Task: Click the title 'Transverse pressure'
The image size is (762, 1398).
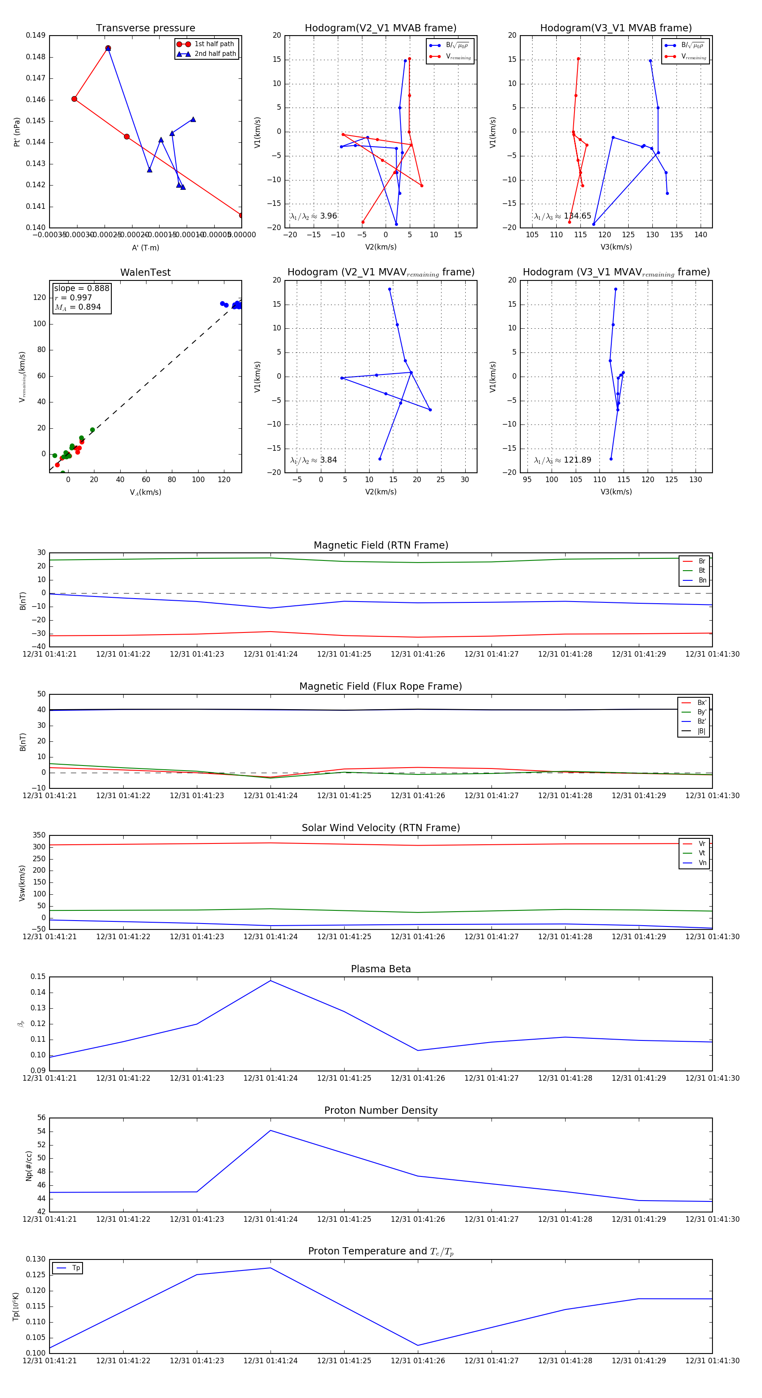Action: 145,28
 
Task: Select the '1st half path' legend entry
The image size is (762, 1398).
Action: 214,44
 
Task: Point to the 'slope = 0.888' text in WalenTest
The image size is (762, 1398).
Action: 81,288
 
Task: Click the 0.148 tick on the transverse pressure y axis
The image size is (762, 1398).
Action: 36,57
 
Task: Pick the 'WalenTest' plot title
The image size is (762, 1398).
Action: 145,272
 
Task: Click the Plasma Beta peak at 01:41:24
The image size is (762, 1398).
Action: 271,981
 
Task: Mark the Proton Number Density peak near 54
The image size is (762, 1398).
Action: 271,1130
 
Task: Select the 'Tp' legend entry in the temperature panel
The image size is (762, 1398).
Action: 76,1268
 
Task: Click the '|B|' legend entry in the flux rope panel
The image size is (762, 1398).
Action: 701,731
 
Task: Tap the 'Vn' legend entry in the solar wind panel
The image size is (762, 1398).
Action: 702,863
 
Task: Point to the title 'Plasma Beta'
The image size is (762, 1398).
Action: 381,969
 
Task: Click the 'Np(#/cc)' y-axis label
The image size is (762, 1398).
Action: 29,1166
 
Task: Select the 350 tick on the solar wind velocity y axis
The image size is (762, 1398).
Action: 39,835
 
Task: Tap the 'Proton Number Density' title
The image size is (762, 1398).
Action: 381,1110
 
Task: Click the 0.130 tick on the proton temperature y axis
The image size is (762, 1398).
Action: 36,1259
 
